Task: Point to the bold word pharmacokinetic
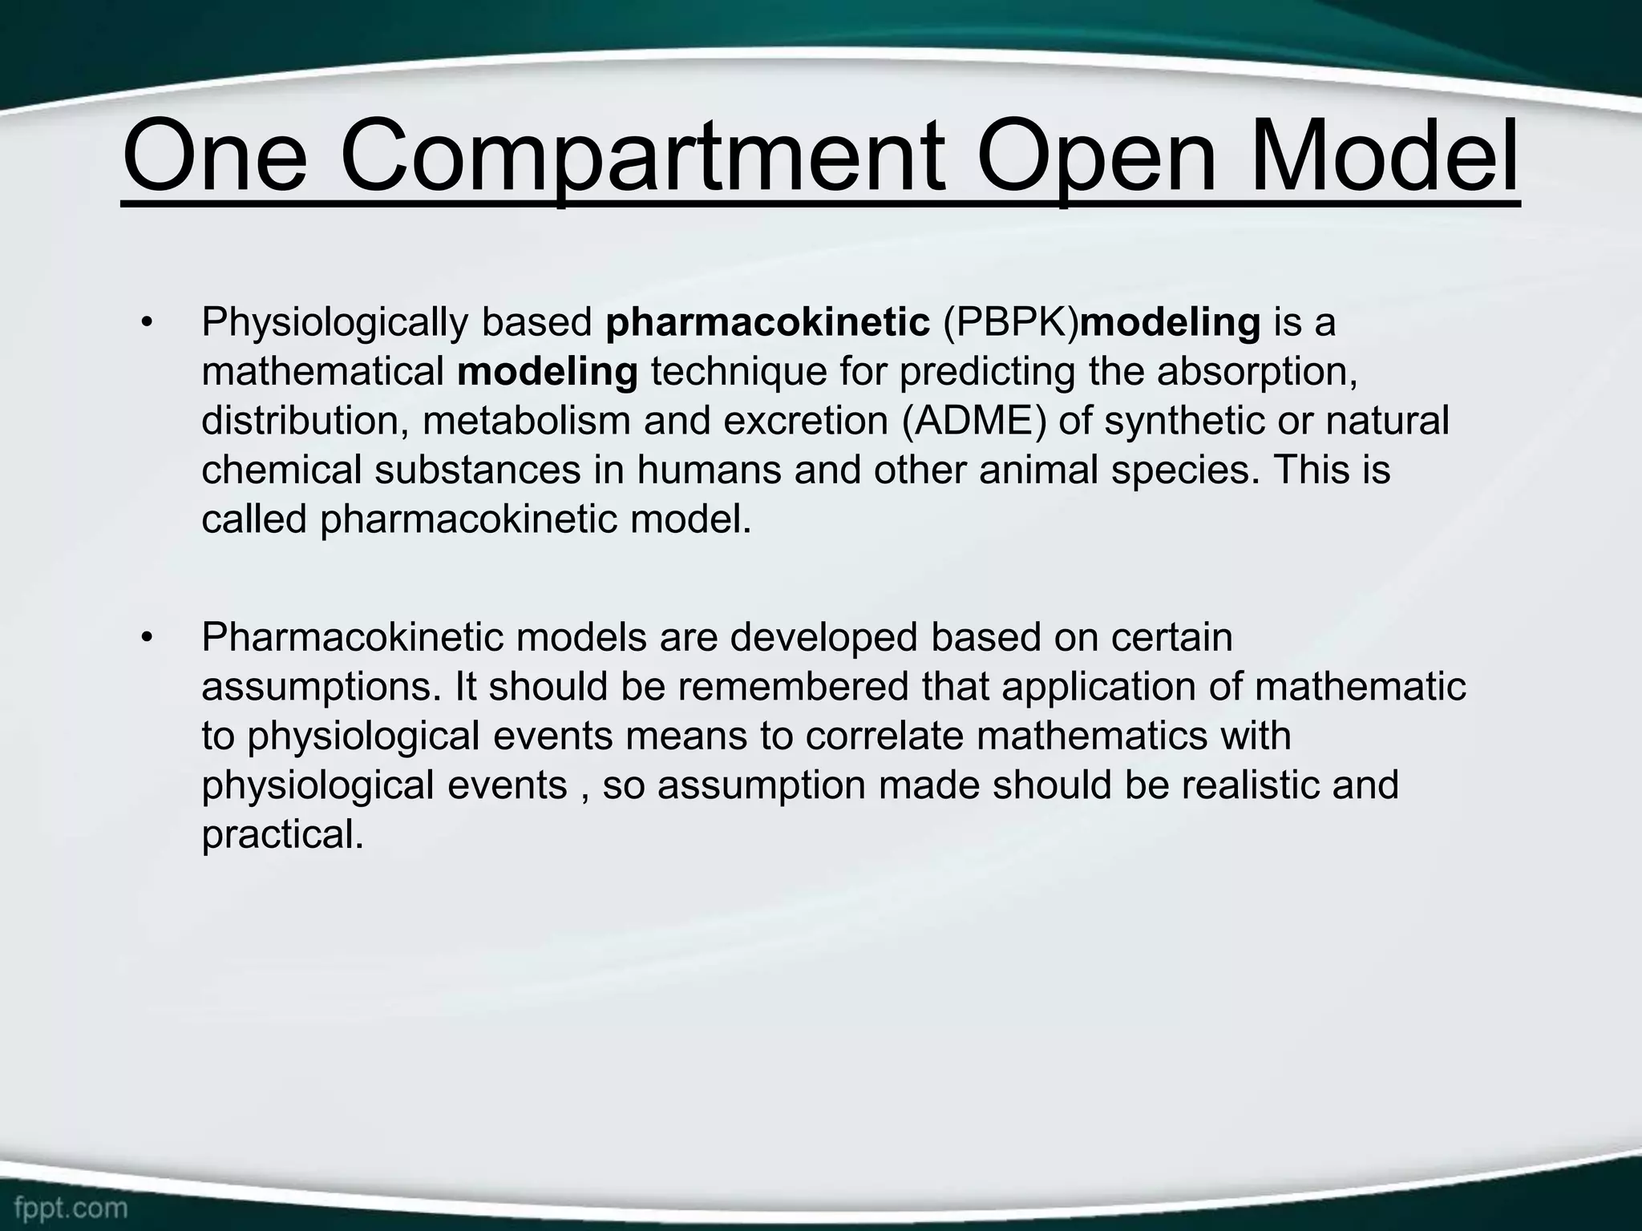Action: pyautogui.click(x=767, y=323)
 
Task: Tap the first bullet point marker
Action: pyautogui.click(x=145, y=324)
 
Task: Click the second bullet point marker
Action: pyautogui.click(x=145, y=639)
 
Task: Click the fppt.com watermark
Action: pyautogui.click(x=71, y=1206)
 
